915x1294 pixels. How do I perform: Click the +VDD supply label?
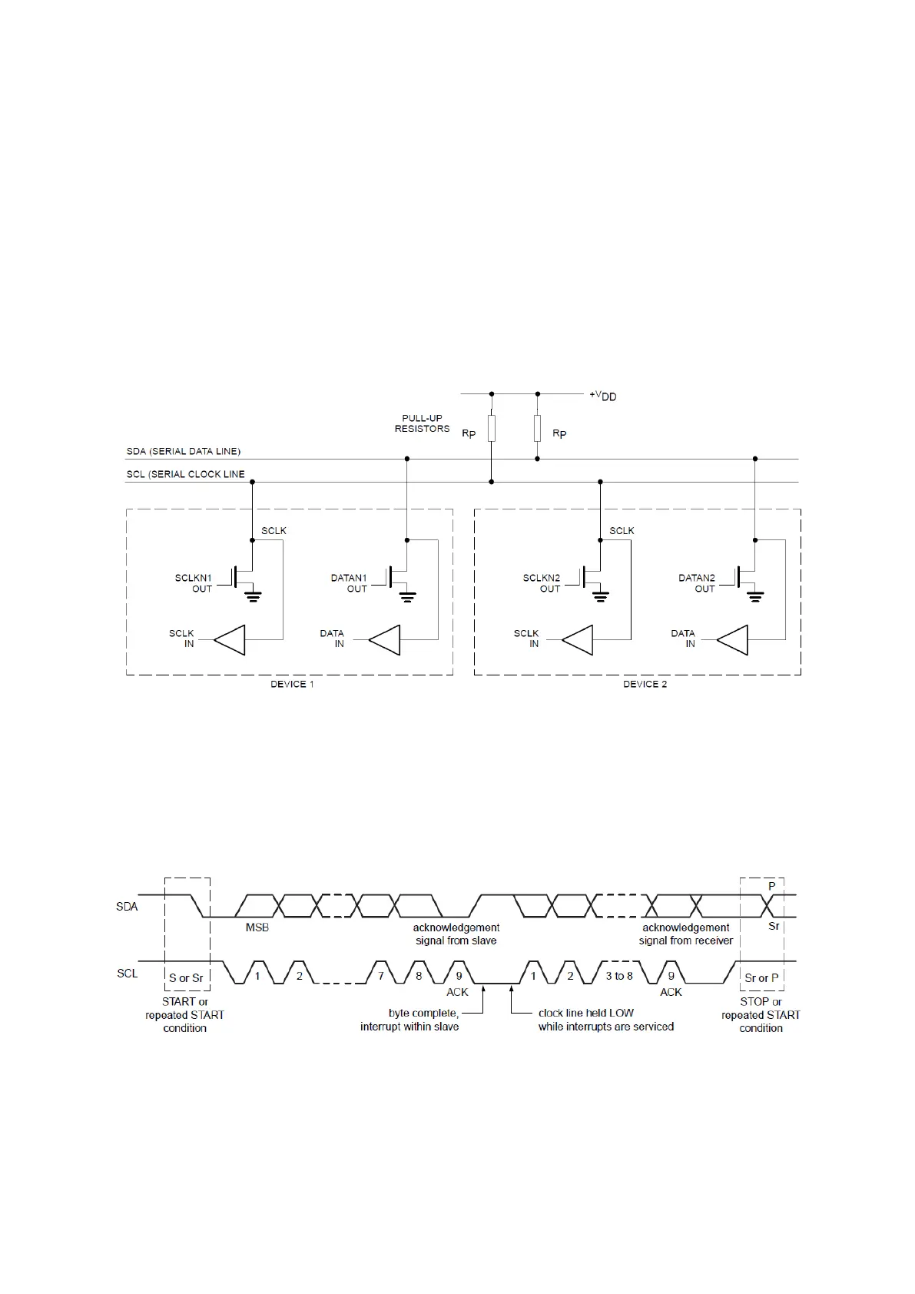click(603, 396)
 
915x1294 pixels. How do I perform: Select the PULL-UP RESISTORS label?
click(422, 423)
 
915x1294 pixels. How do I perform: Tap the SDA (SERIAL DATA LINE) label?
click(184, 451)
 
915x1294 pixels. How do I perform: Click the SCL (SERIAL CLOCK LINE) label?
click(186, 474)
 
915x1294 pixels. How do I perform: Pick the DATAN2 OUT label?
click(697, 583)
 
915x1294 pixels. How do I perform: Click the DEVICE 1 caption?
click(292, 684)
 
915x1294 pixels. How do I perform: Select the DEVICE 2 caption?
click(645, 684)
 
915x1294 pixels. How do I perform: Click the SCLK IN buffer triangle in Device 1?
click(230, 639)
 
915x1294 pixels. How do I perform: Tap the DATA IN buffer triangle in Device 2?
click(733, 639)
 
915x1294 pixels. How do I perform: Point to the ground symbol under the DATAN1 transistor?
click(408, 596)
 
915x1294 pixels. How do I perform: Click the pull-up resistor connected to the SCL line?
click(492, 429)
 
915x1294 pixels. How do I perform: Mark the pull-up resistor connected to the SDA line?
click(538, 427)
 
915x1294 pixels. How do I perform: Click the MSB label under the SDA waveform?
click(257, 927)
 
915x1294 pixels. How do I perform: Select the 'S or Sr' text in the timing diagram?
click(186, 978)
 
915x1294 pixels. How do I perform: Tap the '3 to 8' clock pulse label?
click(619, 976)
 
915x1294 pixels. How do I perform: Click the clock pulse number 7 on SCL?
click(381, 976)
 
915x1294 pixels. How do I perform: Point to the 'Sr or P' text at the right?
click(761, 978)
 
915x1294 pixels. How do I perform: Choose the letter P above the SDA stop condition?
click(772, 886)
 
